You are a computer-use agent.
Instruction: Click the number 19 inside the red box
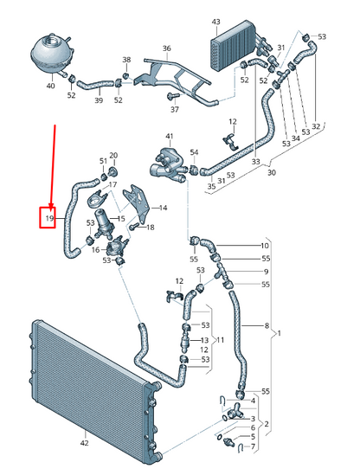[50, 219]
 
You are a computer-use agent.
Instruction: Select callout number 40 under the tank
[50, 87]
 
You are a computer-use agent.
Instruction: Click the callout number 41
[170, 137]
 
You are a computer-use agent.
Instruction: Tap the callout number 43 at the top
[215, 21]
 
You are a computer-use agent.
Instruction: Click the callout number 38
[126, 61]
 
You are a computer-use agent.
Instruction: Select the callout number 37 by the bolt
[173, 110]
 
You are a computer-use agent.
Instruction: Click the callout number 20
[112, 156]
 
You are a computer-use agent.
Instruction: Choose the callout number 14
[164, 209]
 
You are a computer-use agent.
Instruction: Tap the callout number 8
[267, 325]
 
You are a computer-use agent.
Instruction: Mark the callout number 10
[267, 246]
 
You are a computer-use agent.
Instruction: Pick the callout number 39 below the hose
[98, 101]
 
